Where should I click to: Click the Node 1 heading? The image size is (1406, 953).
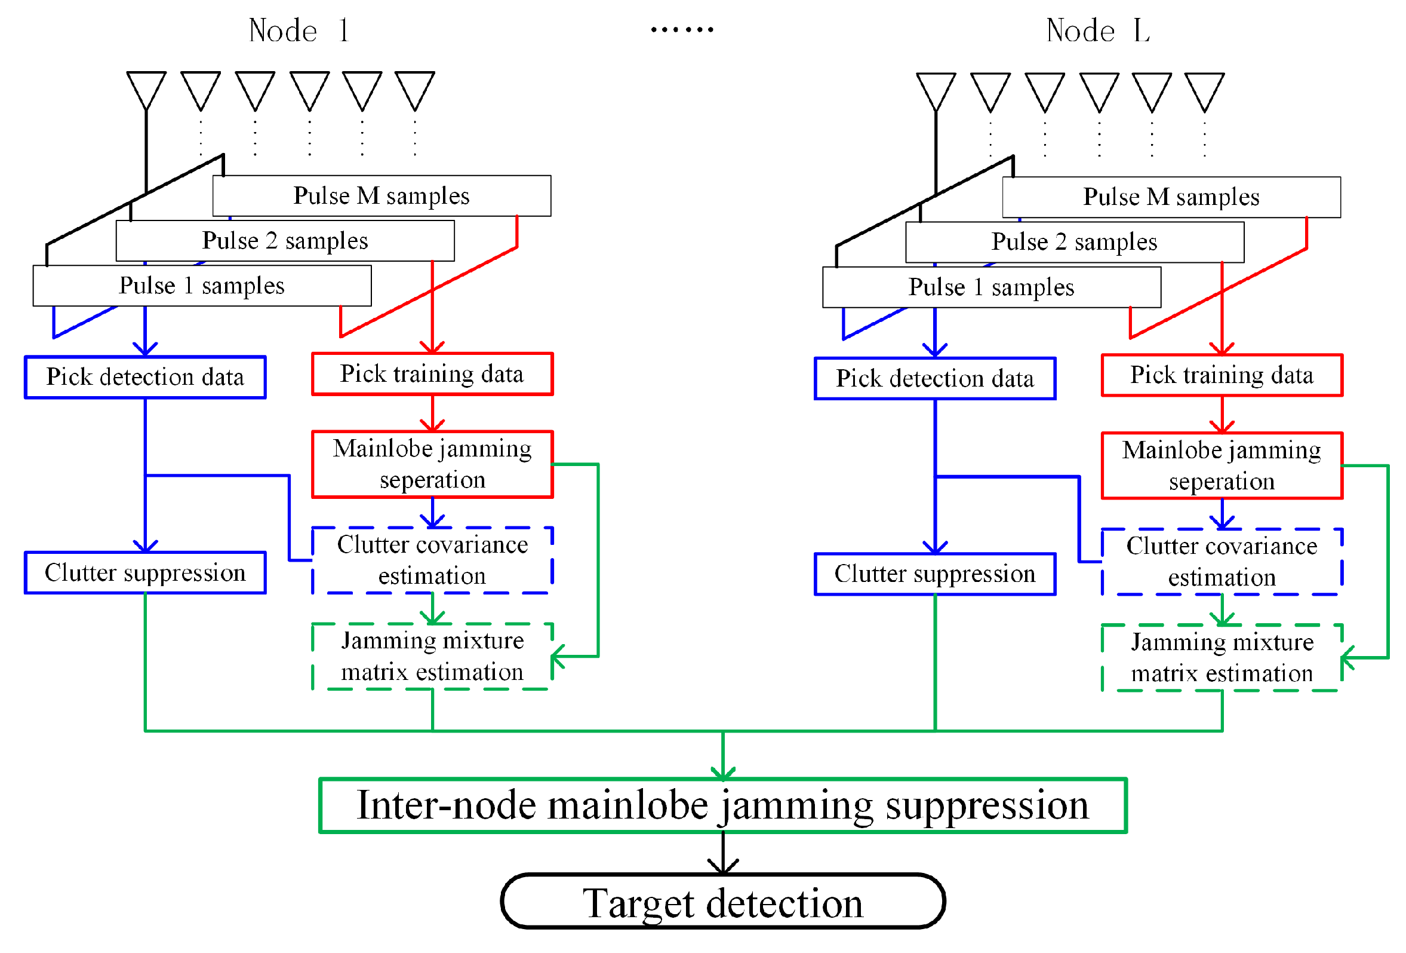click(x=299, y=30)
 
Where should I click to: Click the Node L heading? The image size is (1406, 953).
click(x=1097, y=30)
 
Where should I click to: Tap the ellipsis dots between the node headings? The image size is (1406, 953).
click(x=682, y=29)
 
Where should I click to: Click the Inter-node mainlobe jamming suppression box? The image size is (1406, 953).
click(x=722, y=806)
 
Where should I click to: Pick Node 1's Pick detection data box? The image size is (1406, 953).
click(x=145, y=377)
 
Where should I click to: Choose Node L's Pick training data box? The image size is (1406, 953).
click(x=1222, y=375)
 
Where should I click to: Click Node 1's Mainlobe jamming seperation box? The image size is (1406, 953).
click(x=432, y=464)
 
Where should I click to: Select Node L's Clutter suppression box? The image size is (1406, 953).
click(x=935, y=574)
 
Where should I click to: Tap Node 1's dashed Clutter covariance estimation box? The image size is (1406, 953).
click(x=432, y=560)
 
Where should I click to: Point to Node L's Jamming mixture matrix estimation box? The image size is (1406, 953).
click(x=1222, y=657)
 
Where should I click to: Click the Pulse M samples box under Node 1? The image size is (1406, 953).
click(x=382, y=195)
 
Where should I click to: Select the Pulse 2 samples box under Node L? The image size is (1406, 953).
click(x=1074, y=242)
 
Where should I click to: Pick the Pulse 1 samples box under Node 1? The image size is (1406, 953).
click(x=202, y=286)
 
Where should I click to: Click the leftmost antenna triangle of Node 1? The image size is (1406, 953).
click(x=146, y=89)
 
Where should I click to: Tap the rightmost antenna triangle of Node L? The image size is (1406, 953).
click(x=1204, y=90)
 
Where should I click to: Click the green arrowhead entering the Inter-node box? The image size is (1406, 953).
click(x=722, y=773)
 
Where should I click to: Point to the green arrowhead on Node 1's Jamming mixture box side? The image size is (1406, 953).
click(x=557, y=656)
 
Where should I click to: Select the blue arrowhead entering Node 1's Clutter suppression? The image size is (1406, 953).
click(x=145, y=546)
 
